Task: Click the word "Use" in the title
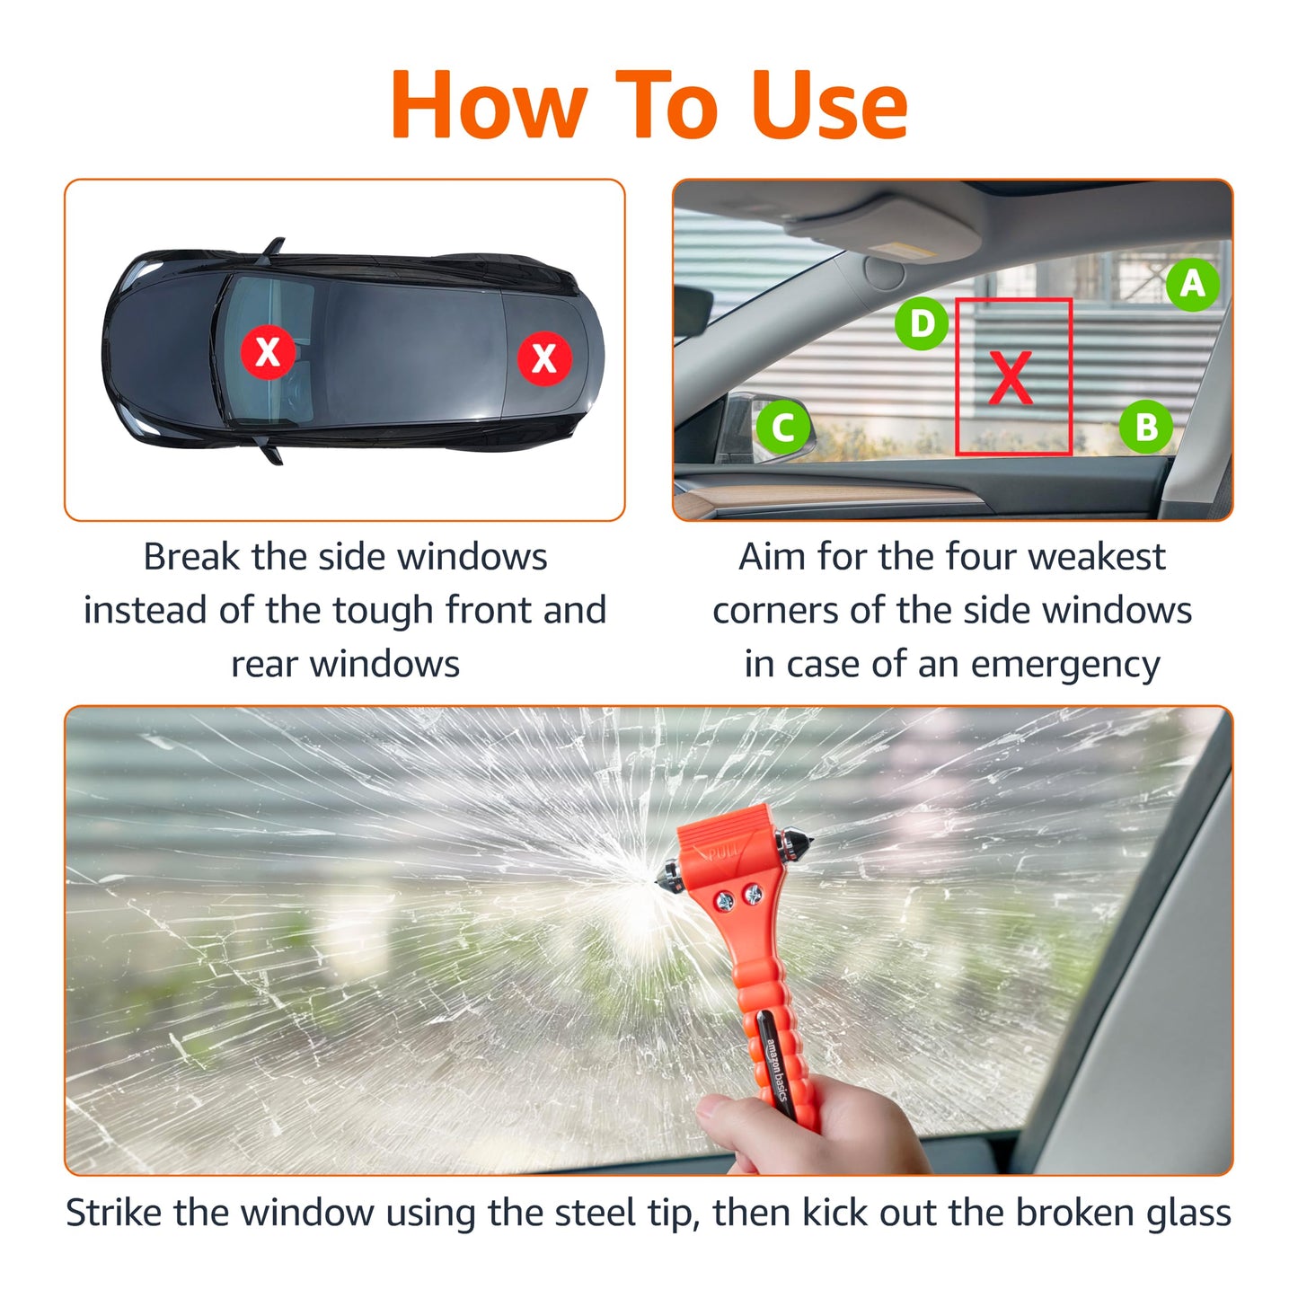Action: point(828,106)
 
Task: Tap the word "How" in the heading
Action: point(488,106)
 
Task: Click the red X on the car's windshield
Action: point(268,351)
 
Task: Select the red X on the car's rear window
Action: point(544,358)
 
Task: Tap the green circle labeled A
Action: point(1192,284)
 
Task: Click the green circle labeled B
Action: point(1145,427)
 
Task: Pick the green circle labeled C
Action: point(782,427)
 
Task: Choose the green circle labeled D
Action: point(922,323)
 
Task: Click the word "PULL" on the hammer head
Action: point(723,850)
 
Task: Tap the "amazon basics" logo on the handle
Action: point(776,1070)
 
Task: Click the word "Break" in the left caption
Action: point(192,557)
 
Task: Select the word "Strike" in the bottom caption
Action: point(115,1213)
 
